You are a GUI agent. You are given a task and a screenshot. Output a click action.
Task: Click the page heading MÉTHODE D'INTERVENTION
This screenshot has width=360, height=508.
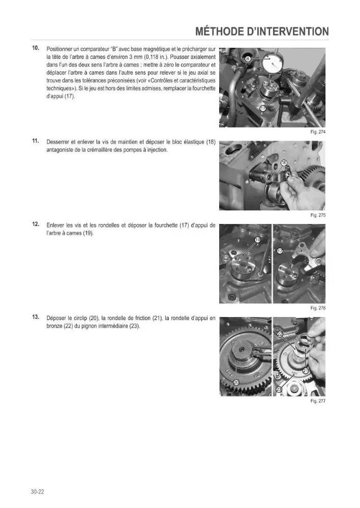[262, 31]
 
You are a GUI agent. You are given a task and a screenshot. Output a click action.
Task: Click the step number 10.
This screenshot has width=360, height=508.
[36, 48]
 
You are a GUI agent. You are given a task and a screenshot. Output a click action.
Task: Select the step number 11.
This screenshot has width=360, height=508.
[36, 141]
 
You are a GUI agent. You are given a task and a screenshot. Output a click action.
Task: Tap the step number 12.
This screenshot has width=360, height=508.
[36, 224]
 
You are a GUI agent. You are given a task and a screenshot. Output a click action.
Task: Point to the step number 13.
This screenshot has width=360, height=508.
[36, 317]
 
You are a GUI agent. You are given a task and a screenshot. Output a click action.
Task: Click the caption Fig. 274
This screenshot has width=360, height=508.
[318, 132]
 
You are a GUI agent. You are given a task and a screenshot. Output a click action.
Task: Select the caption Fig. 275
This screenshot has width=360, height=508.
[318, 215]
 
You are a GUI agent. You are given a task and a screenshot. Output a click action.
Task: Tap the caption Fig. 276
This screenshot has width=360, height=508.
[318, 308]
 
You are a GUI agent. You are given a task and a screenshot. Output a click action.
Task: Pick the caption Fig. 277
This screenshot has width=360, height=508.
[318, 401]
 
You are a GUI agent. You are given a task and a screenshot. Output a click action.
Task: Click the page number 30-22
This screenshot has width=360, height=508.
[38, 491]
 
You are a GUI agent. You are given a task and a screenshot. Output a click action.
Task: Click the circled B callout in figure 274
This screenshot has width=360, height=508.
[248, 58]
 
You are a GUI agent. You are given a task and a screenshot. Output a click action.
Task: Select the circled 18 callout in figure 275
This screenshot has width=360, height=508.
[283, 163]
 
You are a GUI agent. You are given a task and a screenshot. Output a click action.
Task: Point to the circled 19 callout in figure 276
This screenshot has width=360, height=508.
[258, 240]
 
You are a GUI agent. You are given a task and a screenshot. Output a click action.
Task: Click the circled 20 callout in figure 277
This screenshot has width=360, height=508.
[236, 383]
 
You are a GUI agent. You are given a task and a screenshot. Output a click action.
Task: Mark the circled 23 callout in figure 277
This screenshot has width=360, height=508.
[279, 390]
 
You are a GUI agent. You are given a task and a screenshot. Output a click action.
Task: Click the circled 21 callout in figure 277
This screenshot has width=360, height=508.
[306, 371]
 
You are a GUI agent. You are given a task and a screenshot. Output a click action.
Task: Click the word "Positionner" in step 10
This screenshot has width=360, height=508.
[59, 49]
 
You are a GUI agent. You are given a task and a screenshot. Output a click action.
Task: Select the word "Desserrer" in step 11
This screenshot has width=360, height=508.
[57, 142]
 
